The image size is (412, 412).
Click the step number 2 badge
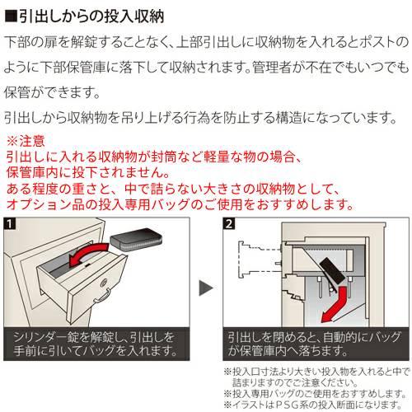click(227, 223)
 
